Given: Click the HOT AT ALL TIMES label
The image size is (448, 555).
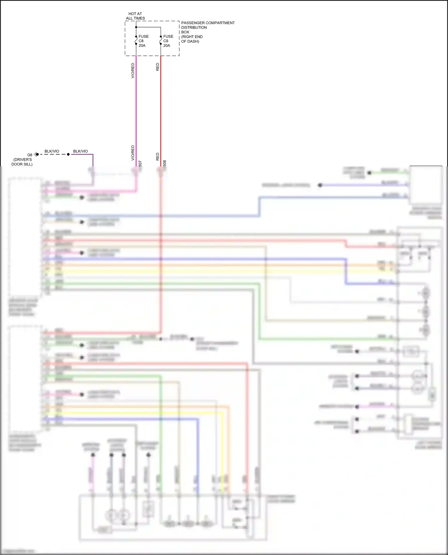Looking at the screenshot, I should point(135,16).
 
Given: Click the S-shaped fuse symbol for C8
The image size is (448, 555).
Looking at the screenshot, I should point(136,40).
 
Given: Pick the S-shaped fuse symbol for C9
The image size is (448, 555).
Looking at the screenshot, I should point(161,40).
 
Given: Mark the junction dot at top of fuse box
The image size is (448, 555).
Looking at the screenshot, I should point(136,27).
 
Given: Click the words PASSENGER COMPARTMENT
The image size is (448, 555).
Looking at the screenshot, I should point(208,23).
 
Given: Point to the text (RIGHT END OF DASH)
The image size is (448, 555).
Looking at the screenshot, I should point(191,39).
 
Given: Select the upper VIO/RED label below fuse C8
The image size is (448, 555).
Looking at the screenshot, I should point(133,71).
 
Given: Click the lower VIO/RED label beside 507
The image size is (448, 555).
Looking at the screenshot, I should point(133,153).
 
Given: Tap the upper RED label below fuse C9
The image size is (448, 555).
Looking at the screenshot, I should point(158,67).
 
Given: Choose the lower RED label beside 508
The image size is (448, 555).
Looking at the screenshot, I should point(158,157).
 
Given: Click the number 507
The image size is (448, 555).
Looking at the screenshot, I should point(140,163).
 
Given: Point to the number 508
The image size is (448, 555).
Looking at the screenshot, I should point(165,163).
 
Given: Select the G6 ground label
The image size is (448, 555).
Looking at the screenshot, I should point(30,155).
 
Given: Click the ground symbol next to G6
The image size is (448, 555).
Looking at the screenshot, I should point(36,154).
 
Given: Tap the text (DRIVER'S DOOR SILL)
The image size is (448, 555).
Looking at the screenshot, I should point(22,162).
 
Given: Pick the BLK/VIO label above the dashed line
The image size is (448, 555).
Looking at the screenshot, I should point(52,151).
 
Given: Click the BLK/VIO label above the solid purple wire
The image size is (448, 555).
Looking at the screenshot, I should point(81,151).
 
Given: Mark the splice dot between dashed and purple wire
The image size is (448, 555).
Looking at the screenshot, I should point(68,154).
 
